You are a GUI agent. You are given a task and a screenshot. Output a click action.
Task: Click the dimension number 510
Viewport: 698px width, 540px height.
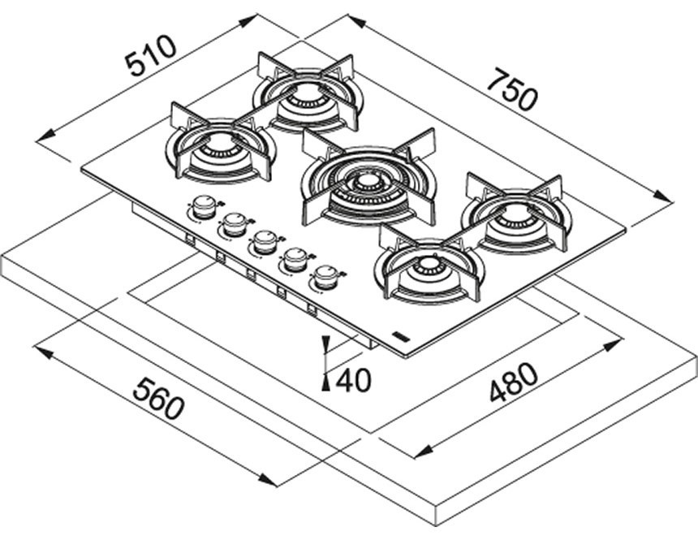tap(150, 55)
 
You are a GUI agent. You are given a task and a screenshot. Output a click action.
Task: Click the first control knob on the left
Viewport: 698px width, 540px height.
tap(202, 209)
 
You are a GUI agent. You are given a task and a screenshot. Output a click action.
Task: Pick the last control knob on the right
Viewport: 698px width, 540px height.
tap(325, 277)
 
